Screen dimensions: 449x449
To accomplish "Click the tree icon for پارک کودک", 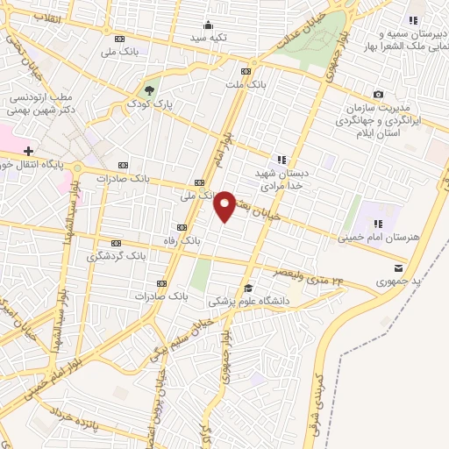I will click(x=150, y=89).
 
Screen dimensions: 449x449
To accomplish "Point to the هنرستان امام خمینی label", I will click(x=373, y=237).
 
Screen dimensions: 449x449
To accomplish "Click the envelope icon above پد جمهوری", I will click(x=399, y=268).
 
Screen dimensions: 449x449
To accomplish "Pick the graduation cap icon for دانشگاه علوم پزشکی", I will click(x=248, y=289).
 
